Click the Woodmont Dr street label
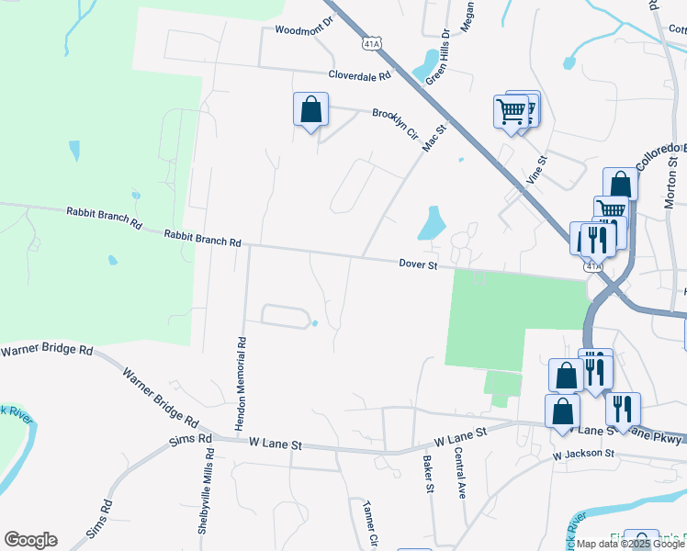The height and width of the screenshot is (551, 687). (302, 30)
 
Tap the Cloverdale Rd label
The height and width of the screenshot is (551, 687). (362, 76)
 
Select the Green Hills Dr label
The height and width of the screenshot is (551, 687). (437, 56)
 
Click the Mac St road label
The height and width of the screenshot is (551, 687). (434, 139)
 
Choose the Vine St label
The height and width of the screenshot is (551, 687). (536, 171)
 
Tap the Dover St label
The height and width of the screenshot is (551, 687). (415, 264)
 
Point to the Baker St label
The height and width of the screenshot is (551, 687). (428, 474)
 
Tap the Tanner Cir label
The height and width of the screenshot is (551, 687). (371, 522)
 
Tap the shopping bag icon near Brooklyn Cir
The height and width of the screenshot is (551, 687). (311, 109)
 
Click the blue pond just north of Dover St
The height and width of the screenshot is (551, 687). (431, 223)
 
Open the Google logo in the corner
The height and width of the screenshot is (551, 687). (30, 540)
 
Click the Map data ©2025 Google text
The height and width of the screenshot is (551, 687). (630, 544)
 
